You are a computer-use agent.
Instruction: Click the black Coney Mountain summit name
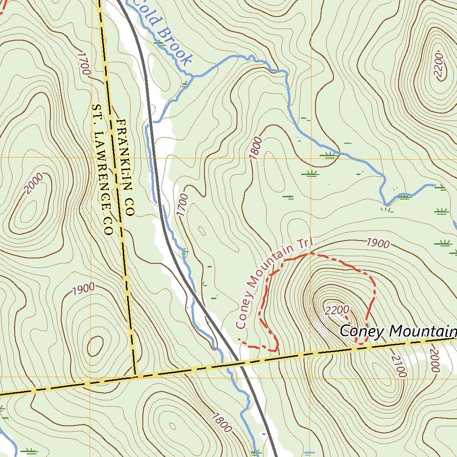(x=398, y=331)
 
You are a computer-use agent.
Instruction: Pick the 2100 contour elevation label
(x=399, y=366)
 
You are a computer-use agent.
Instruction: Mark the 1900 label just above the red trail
(x=378, y=243)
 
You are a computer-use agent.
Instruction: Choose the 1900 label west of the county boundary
(x=83, y=289)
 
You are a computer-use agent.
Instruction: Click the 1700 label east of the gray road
(x=183, y=205)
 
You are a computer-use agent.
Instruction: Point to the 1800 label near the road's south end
(x=222, y=423)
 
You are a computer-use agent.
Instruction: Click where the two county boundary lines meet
(x=135, y=376)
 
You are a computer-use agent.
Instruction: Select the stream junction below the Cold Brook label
(x=193, y=76)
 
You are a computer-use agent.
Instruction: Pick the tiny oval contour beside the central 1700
(x=202, y=231)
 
